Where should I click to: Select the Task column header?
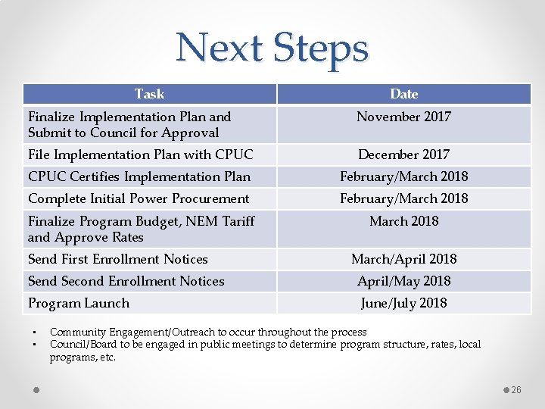click(x=149, y=94)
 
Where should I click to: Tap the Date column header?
click(x=403, y=94)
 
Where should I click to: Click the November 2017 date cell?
click(x=403, y=117)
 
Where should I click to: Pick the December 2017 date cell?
click(x=403, y=155)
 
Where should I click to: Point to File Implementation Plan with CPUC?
click(x=141, y=155)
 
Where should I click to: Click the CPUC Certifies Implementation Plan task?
click(x=139, y=176)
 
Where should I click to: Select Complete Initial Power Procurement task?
click(x=139, y=198)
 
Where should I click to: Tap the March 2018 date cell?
click(x=403, y=221)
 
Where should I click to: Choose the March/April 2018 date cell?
click(x=403, y=259)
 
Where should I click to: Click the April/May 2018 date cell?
click(x=403, y=281)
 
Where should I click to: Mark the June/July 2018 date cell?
click(x=403, y=303)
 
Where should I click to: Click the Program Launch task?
click(x=79, y=303)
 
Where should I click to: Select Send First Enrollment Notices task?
click(x=118, y=259)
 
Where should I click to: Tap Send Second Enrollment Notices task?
click(x=126, y=281)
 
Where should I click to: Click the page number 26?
click(x=516, y=389)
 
